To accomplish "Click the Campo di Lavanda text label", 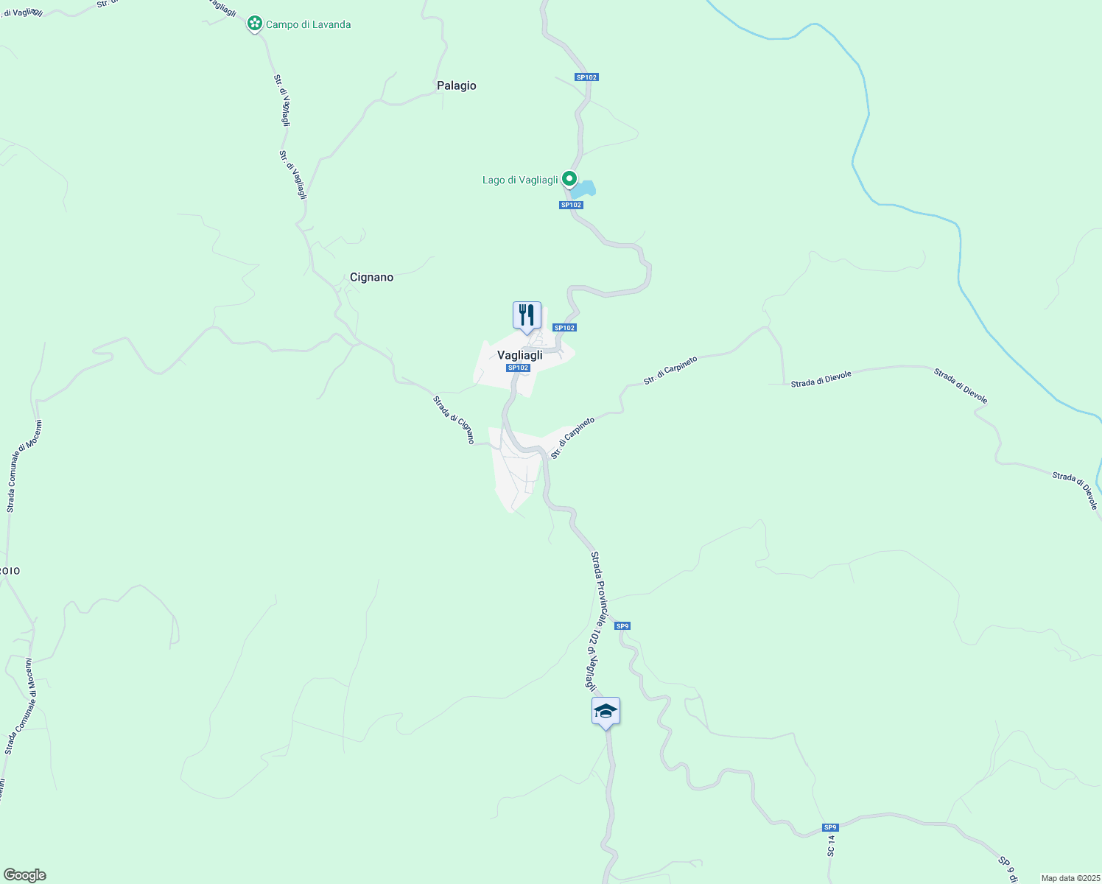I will (308, 24).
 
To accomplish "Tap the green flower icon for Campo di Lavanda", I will (255, 24).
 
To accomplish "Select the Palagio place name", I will (457, 85).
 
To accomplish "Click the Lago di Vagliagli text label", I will (520, 180).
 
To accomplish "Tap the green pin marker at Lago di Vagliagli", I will (569, 178).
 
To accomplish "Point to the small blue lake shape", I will (584, 189).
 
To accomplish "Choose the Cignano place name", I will (371, 277).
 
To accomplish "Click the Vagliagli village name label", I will (520, 355).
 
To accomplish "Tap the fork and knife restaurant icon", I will (527, 315).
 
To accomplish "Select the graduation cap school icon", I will (606, 711).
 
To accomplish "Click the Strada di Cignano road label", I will (454, 420).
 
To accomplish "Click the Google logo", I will (24, 875).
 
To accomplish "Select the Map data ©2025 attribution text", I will (1070, 878).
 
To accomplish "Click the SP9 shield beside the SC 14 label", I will (830, 827).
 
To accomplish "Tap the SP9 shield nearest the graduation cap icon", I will (622, 626).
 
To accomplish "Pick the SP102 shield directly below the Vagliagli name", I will (518, 368).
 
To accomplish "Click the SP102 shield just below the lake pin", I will (571, 206).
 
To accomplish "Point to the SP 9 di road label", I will (1007, 869).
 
